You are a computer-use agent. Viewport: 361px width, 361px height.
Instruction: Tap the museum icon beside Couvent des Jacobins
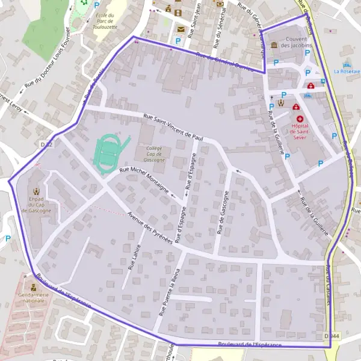coord(274,45)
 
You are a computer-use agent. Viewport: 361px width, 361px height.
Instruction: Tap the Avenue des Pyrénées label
coord(150,226)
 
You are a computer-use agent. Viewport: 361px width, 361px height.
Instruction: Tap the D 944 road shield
coord(329,336)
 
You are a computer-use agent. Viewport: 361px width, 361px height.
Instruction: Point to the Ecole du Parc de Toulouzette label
coord(106,22)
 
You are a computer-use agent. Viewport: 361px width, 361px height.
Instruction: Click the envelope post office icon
coord(180,28)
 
